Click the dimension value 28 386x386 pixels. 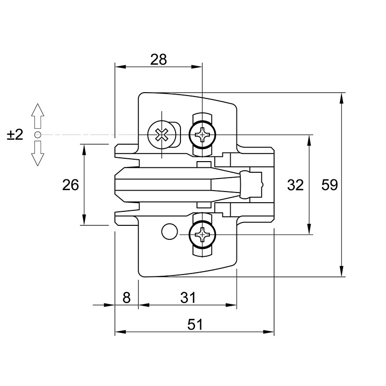click(159, 59)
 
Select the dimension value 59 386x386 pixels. click(330, 185)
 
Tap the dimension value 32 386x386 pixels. click(295, 185)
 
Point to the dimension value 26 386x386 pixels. click(70, 185)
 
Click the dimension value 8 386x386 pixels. click(126, 298)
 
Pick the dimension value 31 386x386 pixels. click(188, 298)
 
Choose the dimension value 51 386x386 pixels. click(195, 324)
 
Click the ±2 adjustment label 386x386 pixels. click(15, 135)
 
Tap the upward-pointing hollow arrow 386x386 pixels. click(38, 116)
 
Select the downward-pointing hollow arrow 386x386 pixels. click(38, 153)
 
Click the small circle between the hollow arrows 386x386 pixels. click(38, 135)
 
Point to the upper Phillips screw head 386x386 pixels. click(202, 135)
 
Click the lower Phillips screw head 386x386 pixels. click(202, 234)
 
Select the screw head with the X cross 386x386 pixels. click(162, 135)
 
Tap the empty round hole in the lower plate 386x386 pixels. click(170, 232)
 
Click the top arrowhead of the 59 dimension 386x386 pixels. click(341, 98)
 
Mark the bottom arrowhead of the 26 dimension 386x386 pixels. click(84, 220)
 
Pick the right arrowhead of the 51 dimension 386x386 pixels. click(268, 332)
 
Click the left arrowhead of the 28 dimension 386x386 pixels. click(121, 67)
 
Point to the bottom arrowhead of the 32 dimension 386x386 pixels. click(309, 229)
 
